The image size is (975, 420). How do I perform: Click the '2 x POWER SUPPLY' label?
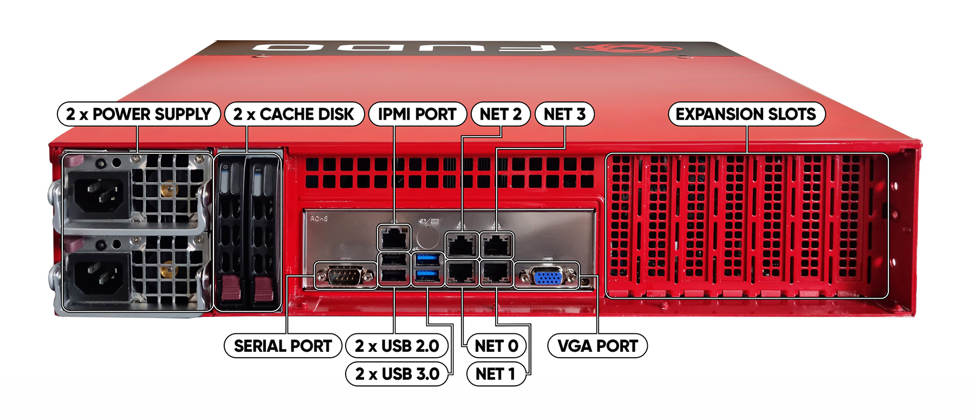138,114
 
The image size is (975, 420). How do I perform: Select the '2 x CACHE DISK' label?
294,114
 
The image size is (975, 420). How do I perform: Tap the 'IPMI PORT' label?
417,114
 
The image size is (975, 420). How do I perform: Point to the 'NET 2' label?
500,114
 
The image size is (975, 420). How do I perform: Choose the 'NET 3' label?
564,114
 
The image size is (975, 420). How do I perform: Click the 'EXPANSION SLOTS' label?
746,114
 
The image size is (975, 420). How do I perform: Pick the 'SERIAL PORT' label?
283,346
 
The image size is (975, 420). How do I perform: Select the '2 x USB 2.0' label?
397,346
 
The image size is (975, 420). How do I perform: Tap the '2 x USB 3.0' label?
397,374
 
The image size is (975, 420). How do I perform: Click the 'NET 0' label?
496,346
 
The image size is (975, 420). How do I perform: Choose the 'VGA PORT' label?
597,346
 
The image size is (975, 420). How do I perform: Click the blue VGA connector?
548,277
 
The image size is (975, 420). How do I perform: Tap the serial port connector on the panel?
345,276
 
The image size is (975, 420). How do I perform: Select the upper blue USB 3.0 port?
428,260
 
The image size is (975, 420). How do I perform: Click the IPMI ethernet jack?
394,238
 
